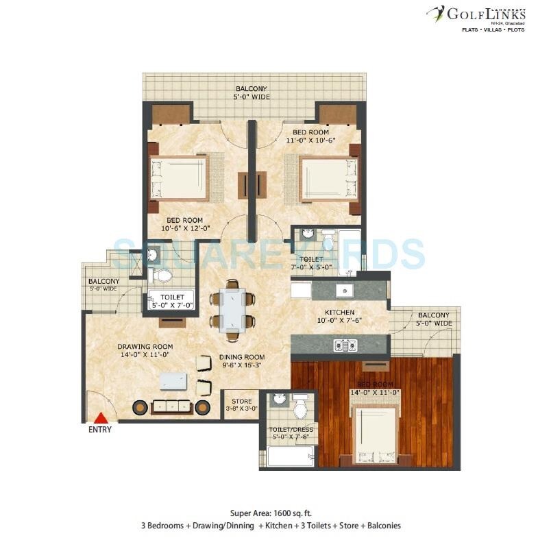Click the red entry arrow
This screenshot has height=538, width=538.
click(x=101, y=417)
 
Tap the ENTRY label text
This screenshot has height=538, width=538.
click(x=99, y=430)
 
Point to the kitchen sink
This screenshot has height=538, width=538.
click(x=342, y=289)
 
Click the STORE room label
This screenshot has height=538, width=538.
click(x=239, y=401)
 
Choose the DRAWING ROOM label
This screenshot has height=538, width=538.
click(x=145, y=346)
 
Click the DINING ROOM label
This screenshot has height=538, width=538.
click(x=242, y=357)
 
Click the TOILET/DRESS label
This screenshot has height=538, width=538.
click(x=288, y=431)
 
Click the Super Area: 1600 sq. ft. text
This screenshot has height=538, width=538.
click(x=269, y=513)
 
